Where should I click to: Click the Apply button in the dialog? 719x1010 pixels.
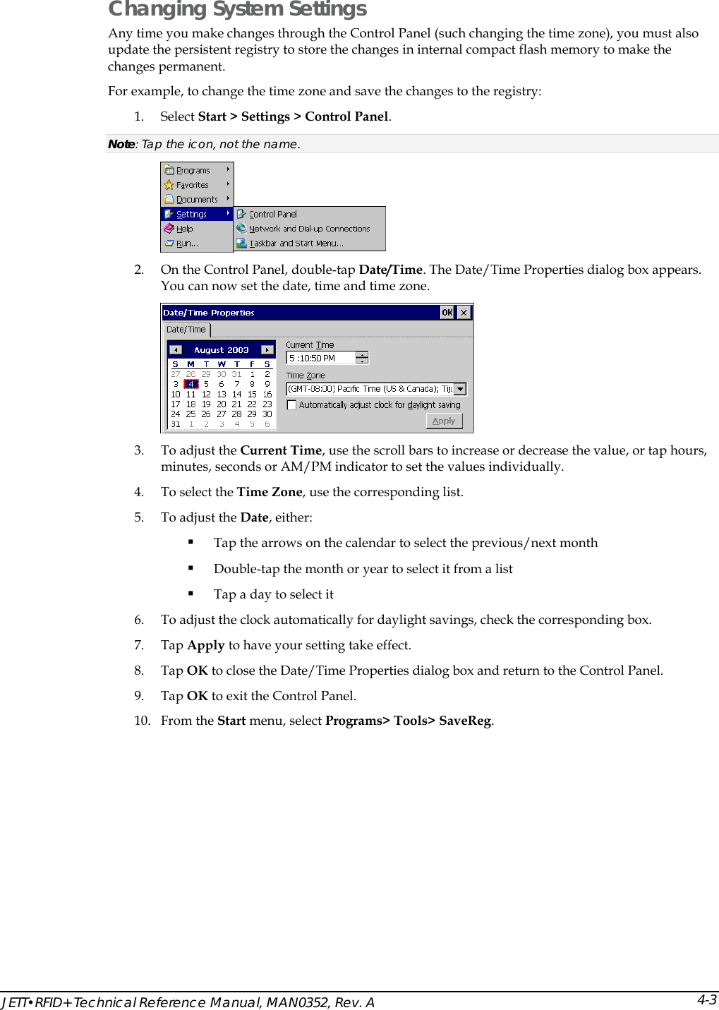click(x=444, y=421)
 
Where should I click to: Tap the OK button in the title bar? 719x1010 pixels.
click(x=447, y=313)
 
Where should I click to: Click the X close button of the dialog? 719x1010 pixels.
click(x=464, y=313)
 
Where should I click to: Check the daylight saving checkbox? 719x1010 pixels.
click(x=291, y=405)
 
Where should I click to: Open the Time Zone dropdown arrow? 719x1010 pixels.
click(x=460, y=389)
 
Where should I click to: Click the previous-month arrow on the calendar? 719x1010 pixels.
click(x=176, y=350)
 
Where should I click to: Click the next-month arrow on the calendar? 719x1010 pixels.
click(x=267, y=350)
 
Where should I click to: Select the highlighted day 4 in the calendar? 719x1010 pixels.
click(x=191, y=384)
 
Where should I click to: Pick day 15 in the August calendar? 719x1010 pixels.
click(x=252, y=395)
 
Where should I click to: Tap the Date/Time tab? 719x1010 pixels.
click(x=186, y=330)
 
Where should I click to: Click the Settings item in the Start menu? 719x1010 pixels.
click(x=191, y=214)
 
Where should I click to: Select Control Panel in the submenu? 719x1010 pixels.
click(x=272, y=214)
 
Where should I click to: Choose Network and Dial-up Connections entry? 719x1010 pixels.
click(x=309, y=229)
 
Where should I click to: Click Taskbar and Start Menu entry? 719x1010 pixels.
click(x=296, y=244)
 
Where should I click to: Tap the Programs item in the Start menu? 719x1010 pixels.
click(x=193, y=170)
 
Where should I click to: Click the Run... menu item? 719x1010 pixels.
click(x=187, y=244)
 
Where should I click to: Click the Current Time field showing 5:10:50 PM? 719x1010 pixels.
click(x=321, y=359)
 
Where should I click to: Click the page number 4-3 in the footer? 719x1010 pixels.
click(x=706, y=999)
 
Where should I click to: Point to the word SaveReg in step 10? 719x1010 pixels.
click(x=464, y=721)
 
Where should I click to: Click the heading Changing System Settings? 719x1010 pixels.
click(x=237, y=9)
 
